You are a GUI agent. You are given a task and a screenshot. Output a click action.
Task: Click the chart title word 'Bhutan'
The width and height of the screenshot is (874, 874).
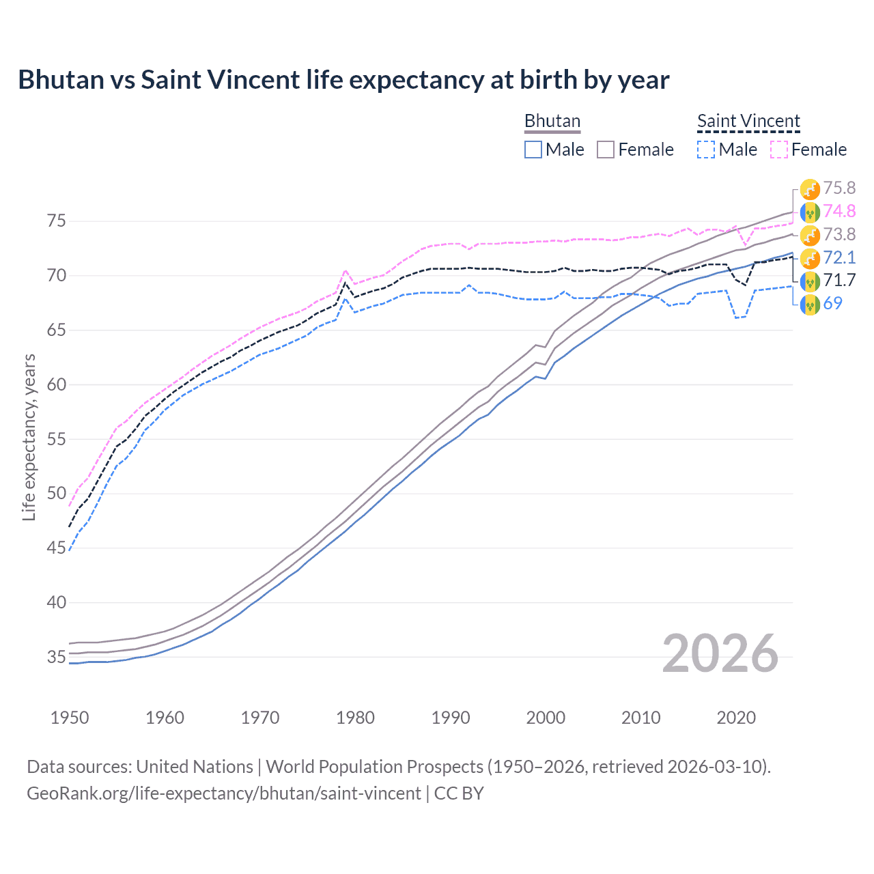coord(61,80)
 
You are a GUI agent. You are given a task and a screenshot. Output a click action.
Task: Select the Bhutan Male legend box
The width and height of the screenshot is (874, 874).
coord(533,150)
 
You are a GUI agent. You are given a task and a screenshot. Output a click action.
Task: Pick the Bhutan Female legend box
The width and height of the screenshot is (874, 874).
coord(606,150)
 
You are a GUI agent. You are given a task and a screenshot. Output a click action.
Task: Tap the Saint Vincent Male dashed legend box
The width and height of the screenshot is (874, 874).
coord(706,150)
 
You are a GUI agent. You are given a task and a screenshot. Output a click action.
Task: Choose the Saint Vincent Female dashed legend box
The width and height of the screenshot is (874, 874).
coord(779,150)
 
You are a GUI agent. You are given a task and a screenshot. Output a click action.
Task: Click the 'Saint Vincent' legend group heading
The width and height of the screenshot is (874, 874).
coord(748,121)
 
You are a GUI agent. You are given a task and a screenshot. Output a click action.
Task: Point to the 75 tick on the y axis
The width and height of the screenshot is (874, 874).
coord(56,221)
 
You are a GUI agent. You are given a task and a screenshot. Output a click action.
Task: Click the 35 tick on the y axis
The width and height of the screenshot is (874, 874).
coord(56,657)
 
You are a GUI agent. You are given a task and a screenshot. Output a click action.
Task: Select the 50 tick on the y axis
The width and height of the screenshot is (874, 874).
coord(56,494)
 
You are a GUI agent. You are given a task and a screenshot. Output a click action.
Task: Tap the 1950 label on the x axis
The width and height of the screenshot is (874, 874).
coord(70,718)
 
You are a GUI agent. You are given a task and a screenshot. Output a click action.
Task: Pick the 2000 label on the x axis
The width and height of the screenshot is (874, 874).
coord(546,718)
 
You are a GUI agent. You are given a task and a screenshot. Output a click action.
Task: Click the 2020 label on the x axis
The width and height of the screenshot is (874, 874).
coord(736,718)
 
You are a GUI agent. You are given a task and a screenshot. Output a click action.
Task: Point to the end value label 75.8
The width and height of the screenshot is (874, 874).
coord(839,188)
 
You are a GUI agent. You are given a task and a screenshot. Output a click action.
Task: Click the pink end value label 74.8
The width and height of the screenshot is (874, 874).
coord(839,212)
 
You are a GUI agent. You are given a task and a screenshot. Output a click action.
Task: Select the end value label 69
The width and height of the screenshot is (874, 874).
coord(832,304)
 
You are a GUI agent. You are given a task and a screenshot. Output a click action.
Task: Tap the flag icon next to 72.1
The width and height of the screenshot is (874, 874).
coord(810,258)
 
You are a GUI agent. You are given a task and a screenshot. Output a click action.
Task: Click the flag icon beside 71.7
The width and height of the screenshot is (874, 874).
coord(810,281)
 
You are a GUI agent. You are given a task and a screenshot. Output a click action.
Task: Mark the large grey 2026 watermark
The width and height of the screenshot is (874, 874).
coord(720,653)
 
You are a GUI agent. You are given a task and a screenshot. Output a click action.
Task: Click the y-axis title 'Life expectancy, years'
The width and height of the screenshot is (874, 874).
coord(29,438)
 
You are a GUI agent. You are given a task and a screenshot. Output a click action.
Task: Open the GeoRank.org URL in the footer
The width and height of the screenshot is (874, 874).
coord(224,793)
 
